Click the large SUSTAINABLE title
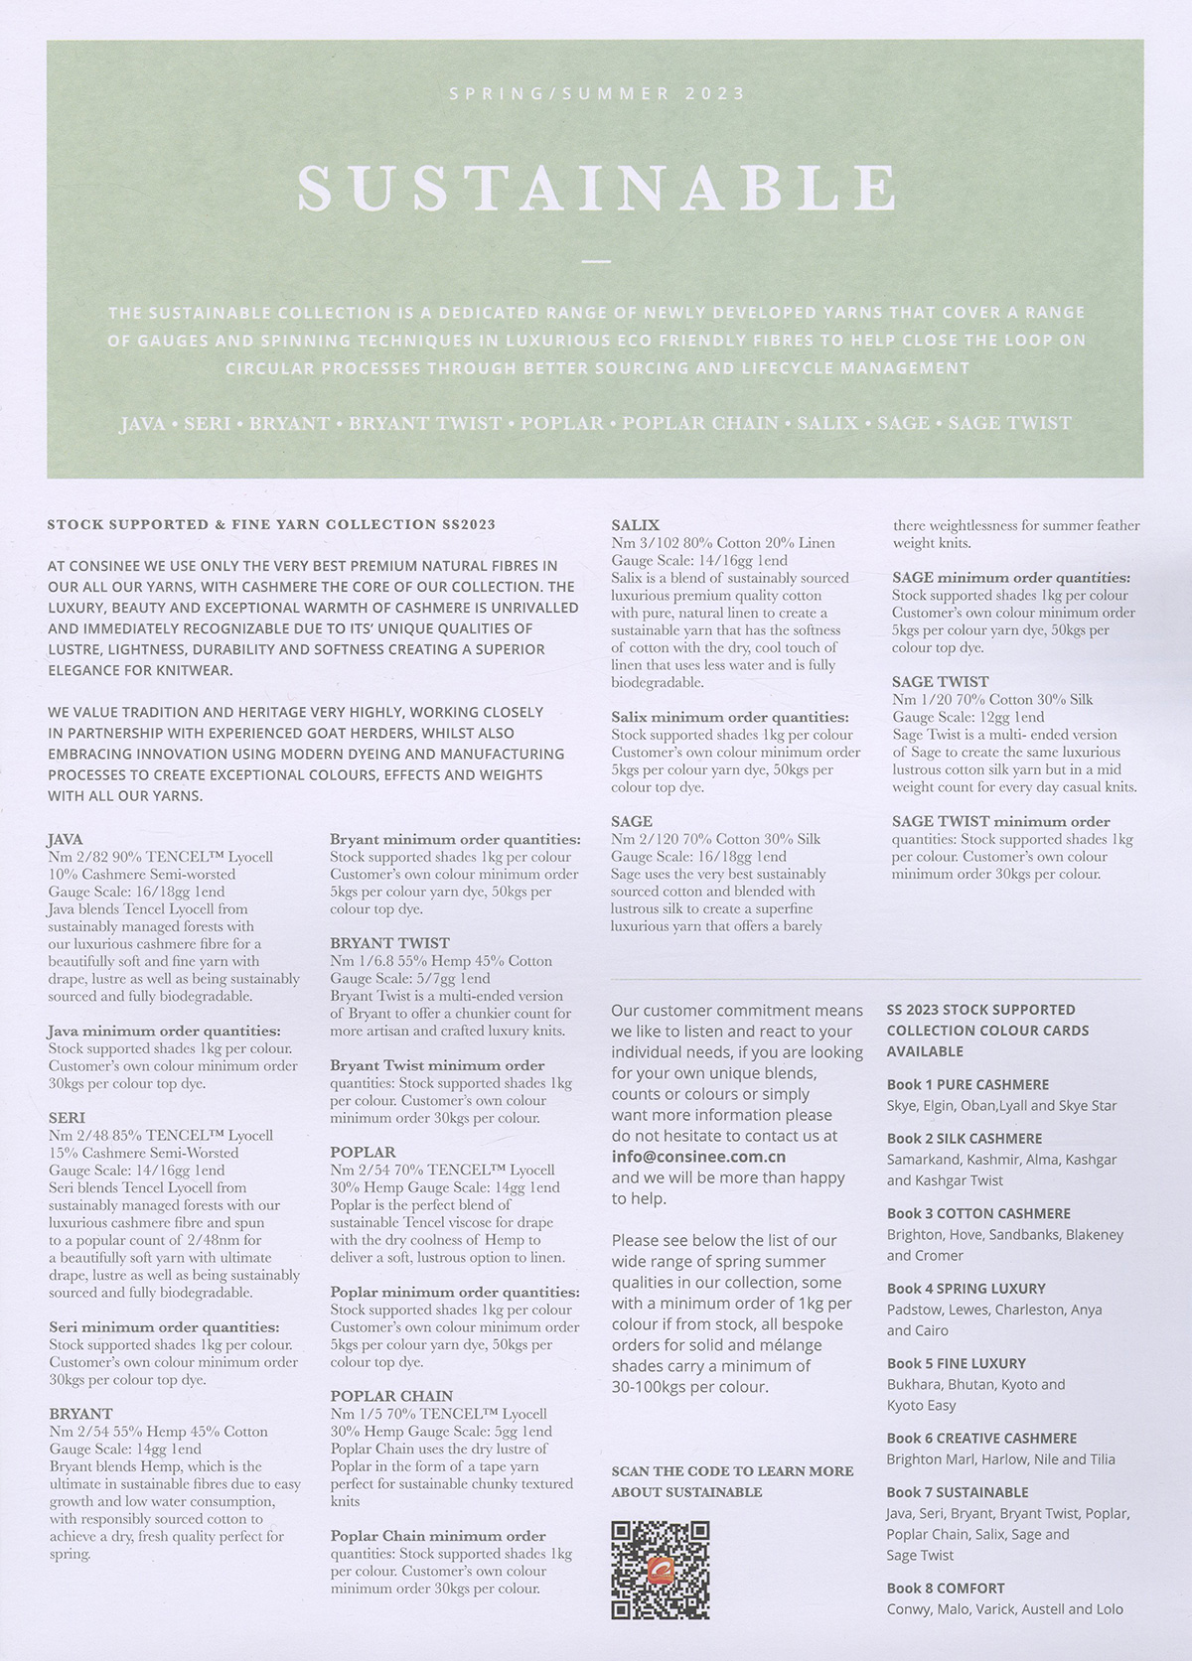(x=596, y=189)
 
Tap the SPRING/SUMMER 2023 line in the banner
(x=596, y=94)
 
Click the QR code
(x=660, y=1570)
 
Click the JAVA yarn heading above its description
(x=66, y=839)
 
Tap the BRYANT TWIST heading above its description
(x=389, y=942)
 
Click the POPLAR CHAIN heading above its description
(x=391, y=1396)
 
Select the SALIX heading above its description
(x=635, y=525)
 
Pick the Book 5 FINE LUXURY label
(x=956, y=1363)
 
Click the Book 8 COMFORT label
(x=946, y=1588)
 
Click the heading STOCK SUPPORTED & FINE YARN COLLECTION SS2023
(x=271, y=524)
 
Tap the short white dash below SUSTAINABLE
(x=596, y=262)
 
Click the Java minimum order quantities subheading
(x=164, y=1031)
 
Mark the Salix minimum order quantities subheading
(x=730, y=717)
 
